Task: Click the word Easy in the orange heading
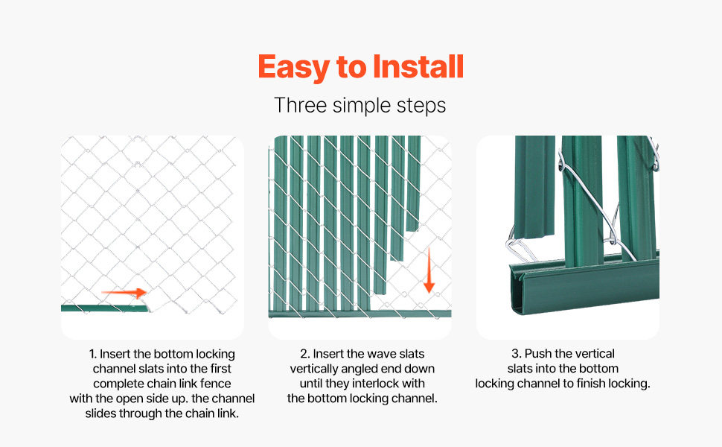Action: pyautogui.click(x=294, y=68)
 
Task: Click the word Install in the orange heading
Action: pyautogui.click(x=418, y=67)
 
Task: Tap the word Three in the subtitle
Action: pyautogui.click(x=300, y=105)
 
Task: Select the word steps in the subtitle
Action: pyautogui.click(x=421, y=107)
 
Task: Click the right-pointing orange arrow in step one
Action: pyautogui.click(x=124, y=293)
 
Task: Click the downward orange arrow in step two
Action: pyautogui.click(x=429, y=270)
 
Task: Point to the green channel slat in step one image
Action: pyautogui.click(x=106, y=308)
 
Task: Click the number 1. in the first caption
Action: pyautogui.click(x=92, y=354)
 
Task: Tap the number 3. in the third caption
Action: pyautogui.click(x=516, y=353)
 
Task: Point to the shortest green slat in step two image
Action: pyautogui.click(x=412, y=183)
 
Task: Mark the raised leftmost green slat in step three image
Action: pyautogui.click(x=534, y=187)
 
